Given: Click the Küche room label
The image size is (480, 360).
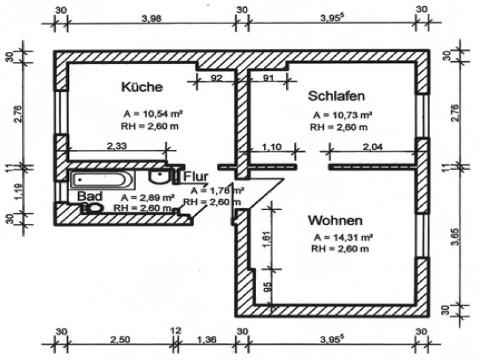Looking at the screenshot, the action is [142, 86].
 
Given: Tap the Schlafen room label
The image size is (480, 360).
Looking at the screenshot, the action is [337, 96].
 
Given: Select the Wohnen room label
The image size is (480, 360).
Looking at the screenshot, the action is [335, 220].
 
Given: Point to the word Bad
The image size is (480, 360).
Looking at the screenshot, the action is [89, 196].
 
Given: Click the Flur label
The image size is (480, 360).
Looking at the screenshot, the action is [196, 176].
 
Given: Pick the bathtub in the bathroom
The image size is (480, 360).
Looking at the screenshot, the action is [101, 179].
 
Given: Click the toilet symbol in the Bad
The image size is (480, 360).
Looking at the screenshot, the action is [93, 208].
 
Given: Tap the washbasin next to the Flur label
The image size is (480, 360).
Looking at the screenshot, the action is [160, 176].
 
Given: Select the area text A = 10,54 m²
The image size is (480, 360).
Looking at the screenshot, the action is [153, 114].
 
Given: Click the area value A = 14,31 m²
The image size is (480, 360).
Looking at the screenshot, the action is [343, 237].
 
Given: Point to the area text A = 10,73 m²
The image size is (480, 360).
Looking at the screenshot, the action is [342, 115].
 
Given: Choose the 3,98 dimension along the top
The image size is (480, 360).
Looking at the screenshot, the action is [152, 19].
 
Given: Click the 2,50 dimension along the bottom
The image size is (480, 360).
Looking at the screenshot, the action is [119, 340].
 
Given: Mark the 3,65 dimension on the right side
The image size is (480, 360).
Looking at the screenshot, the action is [456, 236].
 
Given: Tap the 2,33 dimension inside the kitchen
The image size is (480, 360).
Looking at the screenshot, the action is [116, 146].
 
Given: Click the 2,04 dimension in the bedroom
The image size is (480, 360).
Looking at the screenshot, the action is [373, 147].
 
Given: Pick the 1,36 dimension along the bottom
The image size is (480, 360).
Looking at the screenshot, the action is [206, 340].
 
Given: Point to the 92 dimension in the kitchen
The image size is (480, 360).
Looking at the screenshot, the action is [216, 78].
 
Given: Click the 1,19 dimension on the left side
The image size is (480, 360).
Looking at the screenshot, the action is [19, 191].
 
